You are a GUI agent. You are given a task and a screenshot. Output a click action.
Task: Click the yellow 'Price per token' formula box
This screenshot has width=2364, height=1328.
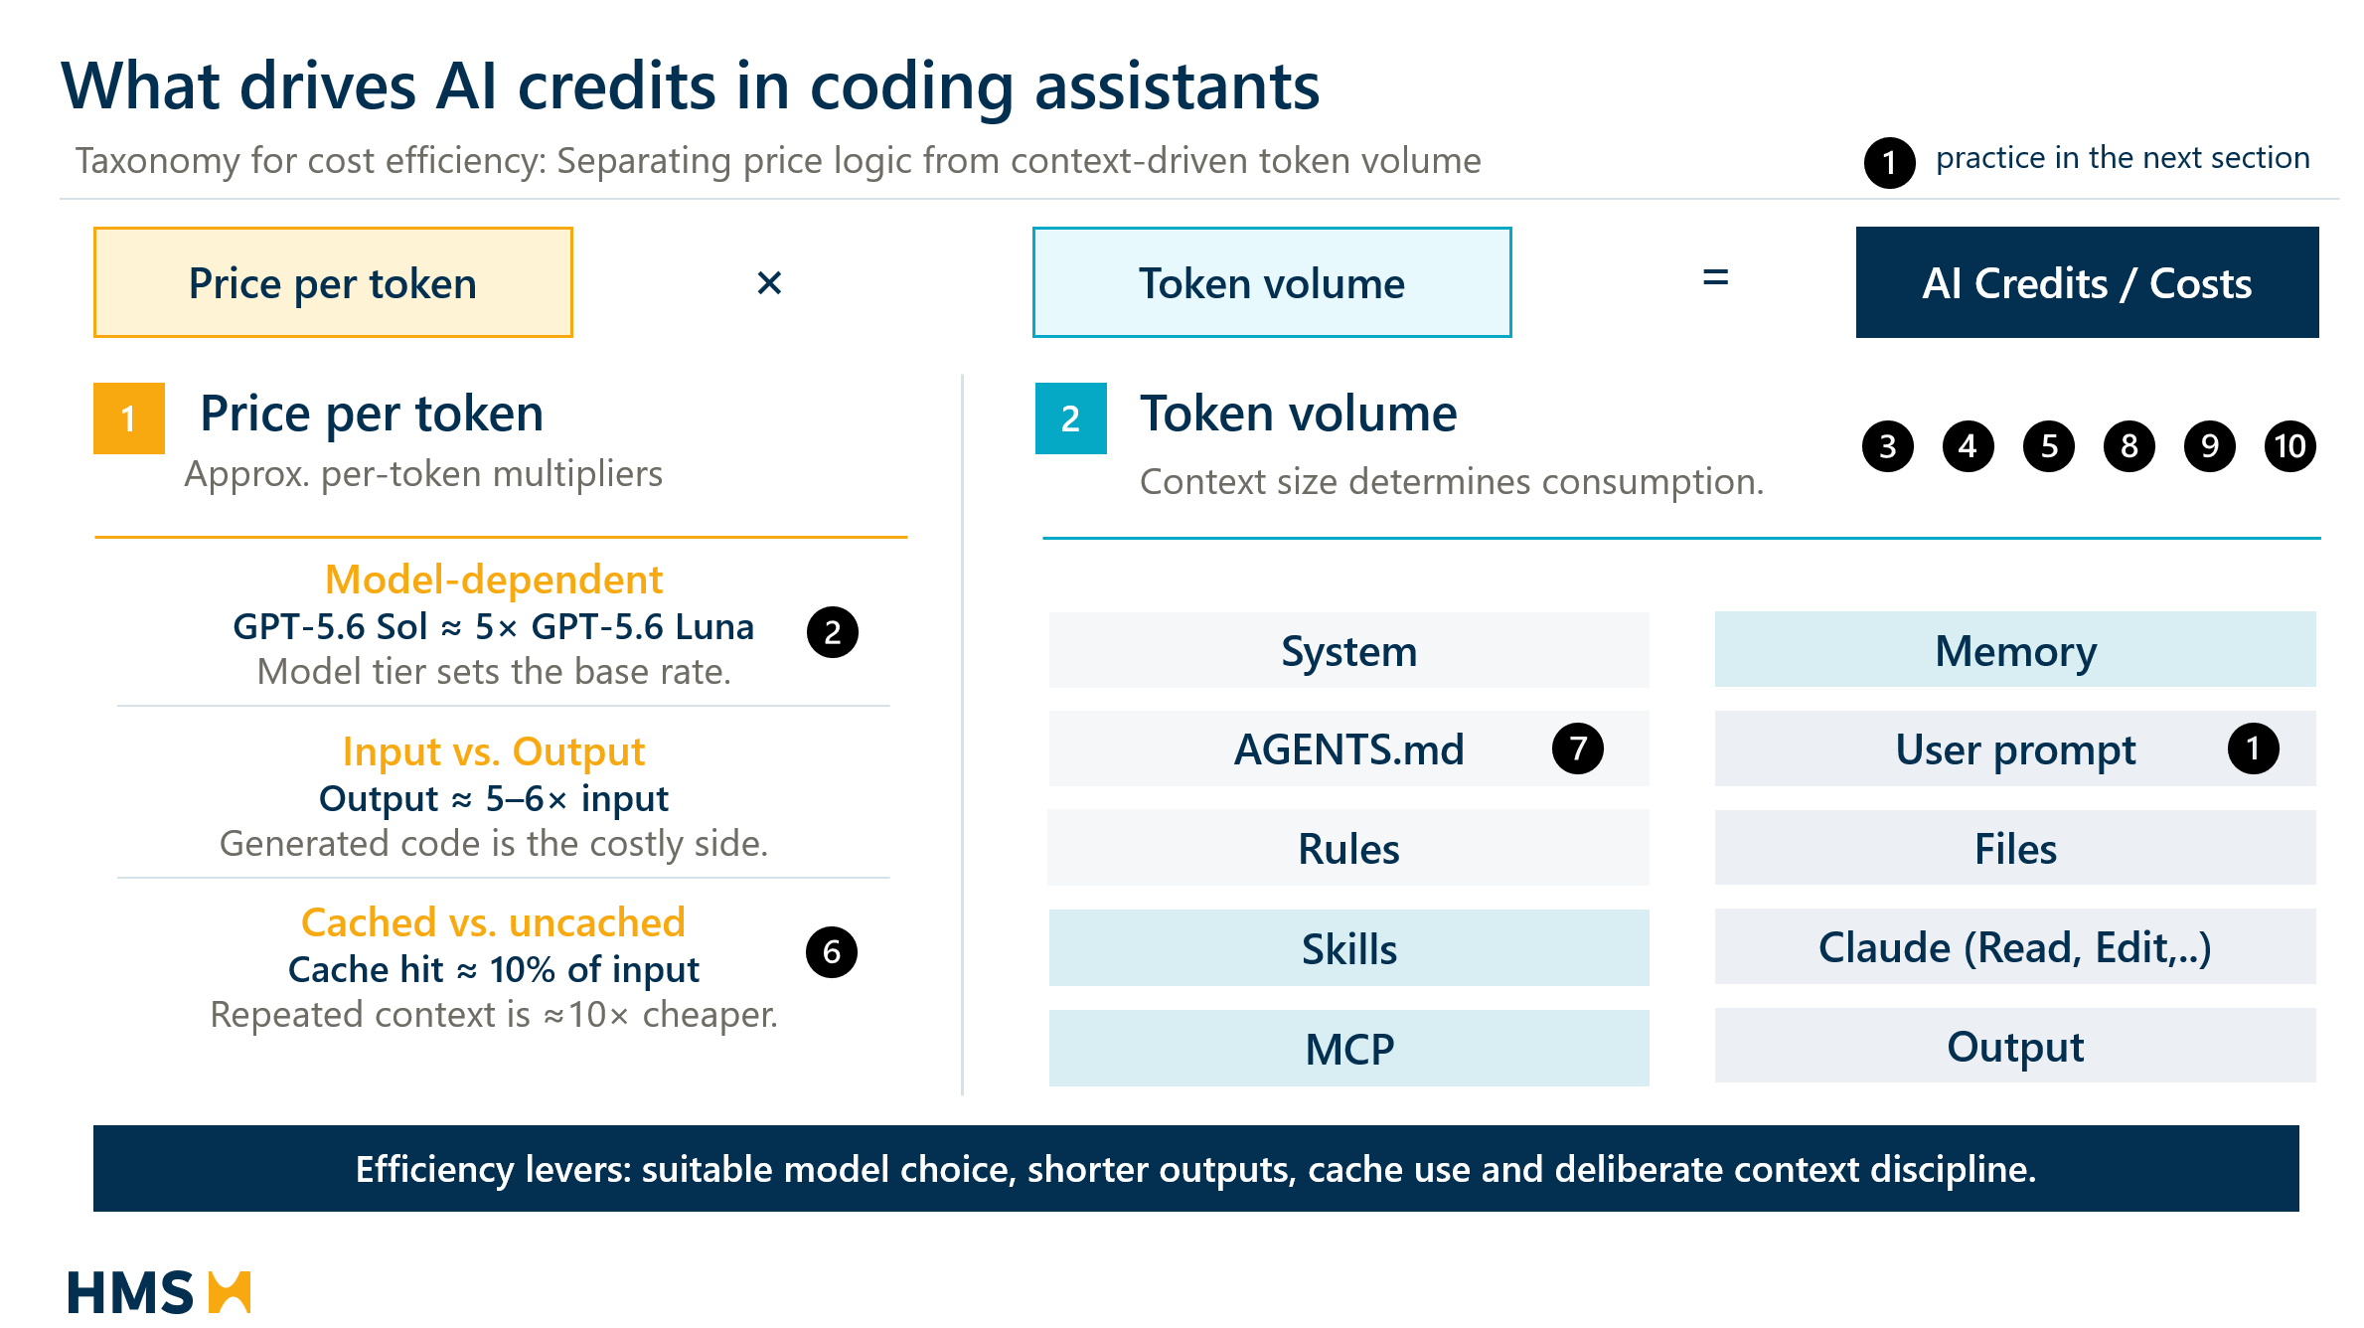(333, 282)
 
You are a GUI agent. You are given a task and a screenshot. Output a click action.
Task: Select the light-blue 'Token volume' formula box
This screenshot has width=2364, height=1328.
(1272, 282)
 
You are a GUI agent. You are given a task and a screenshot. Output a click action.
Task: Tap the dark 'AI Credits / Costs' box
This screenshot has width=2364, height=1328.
(2087, 282)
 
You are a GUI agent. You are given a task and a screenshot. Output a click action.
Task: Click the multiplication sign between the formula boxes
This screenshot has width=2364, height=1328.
(769, 283)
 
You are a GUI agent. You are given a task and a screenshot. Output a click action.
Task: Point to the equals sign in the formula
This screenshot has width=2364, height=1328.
(1715, 277)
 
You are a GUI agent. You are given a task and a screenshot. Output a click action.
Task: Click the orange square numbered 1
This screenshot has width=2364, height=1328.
(129, 418)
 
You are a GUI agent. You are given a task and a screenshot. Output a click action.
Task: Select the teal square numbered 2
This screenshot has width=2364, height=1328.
(1071, 418)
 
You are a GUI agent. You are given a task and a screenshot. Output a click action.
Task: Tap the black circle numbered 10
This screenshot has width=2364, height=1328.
(2289, 446)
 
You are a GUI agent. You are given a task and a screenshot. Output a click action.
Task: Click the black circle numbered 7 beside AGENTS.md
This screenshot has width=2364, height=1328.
(1578, 748)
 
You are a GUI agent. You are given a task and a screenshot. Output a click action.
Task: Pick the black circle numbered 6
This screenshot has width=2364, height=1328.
(832, 952)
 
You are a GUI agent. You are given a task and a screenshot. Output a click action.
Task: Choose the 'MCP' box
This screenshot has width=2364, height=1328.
(1349, 1048)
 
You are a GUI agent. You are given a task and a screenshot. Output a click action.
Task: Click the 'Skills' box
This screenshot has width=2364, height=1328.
(1349, 948)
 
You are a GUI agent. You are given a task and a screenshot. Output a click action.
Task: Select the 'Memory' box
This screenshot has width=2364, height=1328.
(2015, 650)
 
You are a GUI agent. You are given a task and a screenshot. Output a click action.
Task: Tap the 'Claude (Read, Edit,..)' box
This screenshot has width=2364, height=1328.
(2015, 946)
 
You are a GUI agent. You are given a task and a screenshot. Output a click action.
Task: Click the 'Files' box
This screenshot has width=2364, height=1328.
(2015, 848)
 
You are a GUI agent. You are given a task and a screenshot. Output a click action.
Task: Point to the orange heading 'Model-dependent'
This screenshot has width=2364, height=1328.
(494, 580)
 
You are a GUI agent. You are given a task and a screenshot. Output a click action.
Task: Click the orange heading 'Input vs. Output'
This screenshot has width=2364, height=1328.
(494, 751)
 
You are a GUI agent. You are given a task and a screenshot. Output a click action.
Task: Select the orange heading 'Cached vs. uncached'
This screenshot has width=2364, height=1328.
(494, 922)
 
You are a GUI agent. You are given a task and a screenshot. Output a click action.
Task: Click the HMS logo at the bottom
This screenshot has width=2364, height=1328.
(159, 1291)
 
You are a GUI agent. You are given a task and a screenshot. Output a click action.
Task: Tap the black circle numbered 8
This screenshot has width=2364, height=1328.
(2128, 446)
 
